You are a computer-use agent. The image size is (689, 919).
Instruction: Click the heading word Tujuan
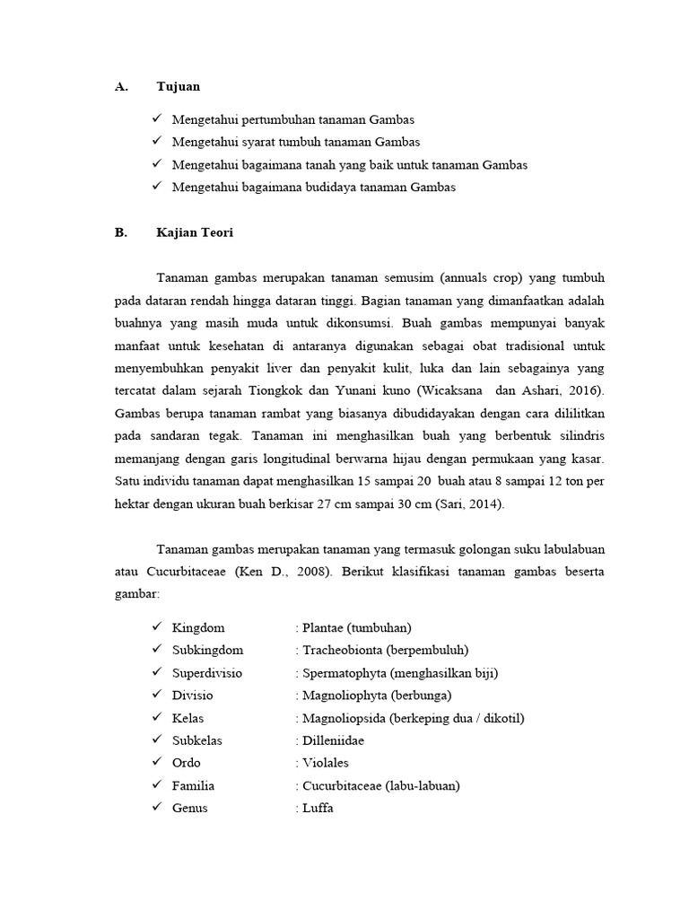(179, 87)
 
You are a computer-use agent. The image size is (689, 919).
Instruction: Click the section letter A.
(122, 87)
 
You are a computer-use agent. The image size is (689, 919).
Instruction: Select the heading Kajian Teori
(195, 232)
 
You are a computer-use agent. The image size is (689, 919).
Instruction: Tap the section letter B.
(121, 232)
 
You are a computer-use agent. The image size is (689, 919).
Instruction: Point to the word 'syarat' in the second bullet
(257, 142)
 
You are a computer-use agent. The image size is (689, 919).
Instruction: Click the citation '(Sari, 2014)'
(470, 504)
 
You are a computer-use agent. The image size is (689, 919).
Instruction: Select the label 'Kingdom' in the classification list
(198, 627)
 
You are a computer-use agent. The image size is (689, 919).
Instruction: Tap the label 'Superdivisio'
(206, 672)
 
